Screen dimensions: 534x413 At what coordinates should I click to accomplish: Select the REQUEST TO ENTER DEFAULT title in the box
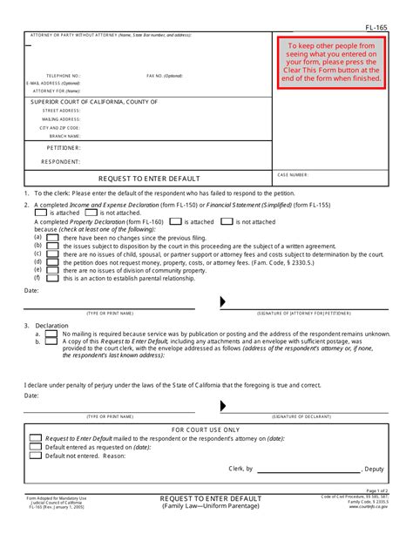tap(148, 179)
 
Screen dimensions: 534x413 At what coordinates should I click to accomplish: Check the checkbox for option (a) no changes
tap(54, 237)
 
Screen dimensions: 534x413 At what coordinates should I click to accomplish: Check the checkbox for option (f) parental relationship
tap(54, 278)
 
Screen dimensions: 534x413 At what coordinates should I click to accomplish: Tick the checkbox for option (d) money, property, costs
tap(54, 261)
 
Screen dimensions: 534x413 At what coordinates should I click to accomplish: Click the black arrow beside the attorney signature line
tap(224, 302)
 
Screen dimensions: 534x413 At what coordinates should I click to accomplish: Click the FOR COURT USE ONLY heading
tap(206, 429)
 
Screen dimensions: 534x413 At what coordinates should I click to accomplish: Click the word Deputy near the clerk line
tap(372, 469)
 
